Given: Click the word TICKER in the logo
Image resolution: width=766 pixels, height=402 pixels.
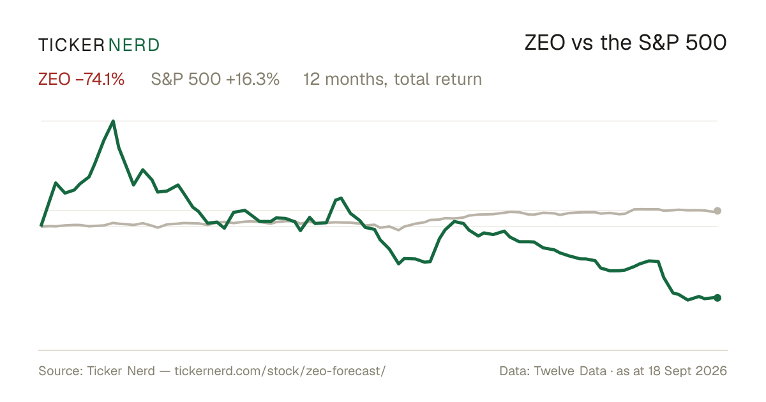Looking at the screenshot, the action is coord(71,45).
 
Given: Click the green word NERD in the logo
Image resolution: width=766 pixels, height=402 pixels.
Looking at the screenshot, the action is coord(134,45).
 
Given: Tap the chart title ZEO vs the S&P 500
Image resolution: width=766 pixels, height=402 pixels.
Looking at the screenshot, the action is coord(626,43).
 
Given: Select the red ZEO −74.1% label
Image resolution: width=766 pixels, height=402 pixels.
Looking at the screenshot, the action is coord(82,79).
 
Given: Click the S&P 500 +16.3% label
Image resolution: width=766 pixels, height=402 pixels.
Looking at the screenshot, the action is coord(215,79).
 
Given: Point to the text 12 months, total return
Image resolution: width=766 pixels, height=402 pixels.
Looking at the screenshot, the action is coord(393,79).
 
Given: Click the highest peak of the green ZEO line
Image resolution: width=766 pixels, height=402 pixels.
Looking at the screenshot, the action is coord(113,121).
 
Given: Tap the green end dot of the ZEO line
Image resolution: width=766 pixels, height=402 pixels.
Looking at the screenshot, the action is coord(717,298).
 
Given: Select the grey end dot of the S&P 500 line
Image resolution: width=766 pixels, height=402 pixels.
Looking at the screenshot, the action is coord(717,211).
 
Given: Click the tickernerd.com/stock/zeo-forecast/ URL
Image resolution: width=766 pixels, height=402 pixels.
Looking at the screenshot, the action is coord(280,371).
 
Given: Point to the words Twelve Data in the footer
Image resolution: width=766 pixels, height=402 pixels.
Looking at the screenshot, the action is coord(570,371).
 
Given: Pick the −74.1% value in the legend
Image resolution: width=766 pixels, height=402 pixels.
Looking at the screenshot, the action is coord(100,79).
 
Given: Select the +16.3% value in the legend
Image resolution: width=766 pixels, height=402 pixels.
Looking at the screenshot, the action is coord(253,79).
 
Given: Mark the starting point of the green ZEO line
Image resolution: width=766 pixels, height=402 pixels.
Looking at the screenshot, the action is coord(41,226).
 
